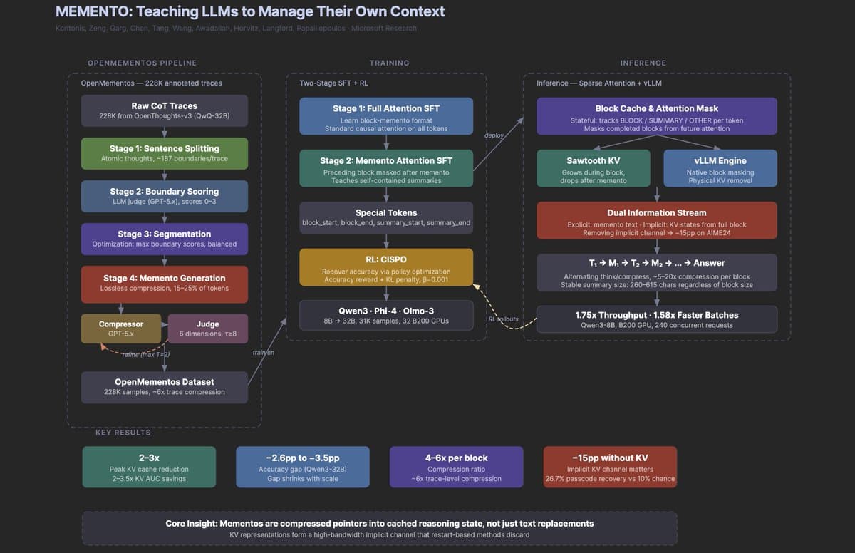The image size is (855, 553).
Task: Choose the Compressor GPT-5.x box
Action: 120,329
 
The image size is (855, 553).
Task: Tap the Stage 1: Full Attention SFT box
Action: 386,116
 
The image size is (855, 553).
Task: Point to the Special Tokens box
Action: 386,217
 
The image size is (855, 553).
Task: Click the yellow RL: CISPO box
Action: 386,269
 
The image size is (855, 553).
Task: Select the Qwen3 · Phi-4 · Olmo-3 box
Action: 386,316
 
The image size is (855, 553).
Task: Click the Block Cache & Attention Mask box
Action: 656,116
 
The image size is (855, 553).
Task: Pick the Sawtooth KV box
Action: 593,168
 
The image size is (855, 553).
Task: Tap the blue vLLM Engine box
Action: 720,168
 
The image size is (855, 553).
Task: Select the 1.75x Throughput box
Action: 656,319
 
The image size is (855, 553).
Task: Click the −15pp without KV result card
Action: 610,467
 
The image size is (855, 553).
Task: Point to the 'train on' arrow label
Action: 263,353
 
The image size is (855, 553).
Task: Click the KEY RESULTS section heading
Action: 123,433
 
